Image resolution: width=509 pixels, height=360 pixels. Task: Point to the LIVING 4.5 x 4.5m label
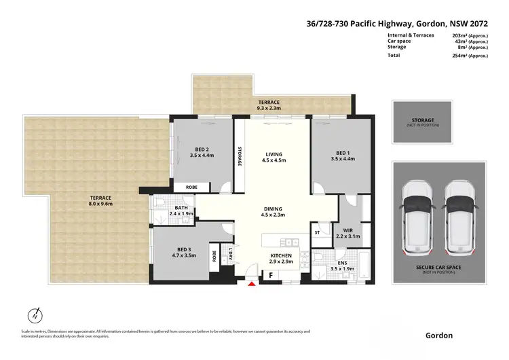point(274,157)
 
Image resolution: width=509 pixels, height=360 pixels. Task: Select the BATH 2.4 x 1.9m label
point(181,210)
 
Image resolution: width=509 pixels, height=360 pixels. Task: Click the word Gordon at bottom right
point(438,336)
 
